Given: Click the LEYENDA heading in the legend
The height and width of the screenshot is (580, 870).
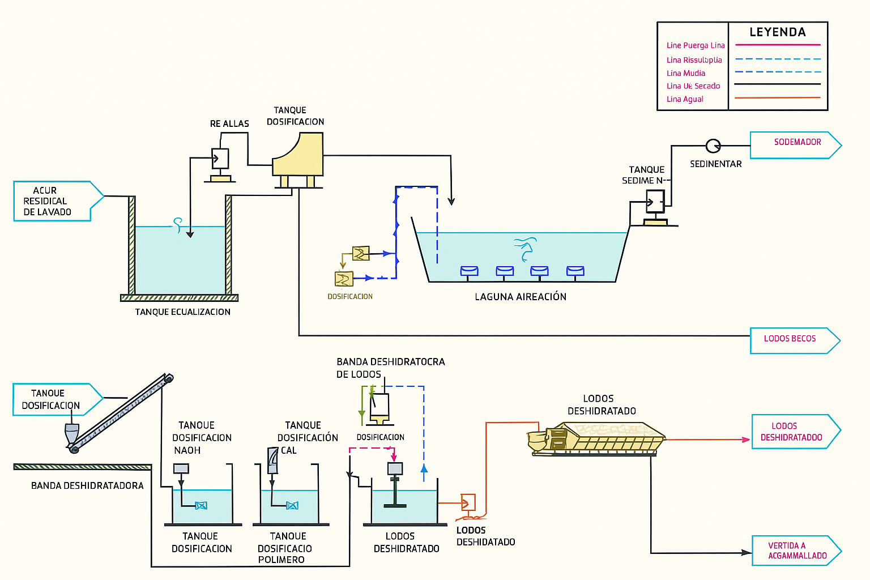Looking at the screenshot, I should click(777, 32).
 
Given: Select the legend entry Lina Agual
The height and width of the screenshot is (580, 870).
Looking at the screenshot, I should click(685, 99).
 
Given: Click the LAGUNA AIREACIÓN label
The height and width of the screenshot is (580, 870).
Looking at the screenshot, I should click(521, 297).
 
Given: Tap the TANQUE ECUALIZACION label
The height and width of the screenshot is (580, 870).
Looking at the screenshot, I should click(182, 312).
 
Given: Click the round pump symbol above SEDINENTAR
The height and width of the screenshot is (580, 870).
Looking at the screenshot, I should click(713, 146).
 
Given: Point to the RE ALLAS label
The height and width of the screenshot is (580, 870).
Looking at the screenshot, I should click(229, 123).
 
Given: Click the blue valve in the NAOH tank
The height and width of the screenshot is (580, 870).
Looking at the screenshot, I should click(201, 505).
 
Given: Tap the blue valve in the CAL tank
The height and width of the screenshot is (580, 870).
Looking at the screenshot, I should click(292, 505).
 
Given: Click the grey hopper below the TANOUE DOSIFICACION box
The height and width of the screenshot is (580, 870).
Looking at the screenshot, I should click(72, 434).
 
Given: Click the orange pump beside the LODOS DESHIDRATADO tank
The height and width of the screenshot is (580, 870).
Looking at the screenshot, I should click(468, 502).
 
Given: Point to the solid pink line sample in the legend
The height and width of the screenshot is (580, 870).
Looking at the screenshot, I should click(777, 45).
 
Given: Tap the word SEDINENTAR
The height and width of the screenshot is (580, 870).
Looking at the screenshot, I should click(715, 164).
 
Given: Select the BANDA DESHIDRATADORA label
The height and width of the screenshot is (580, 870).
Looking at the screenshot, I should click(87, 486).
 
